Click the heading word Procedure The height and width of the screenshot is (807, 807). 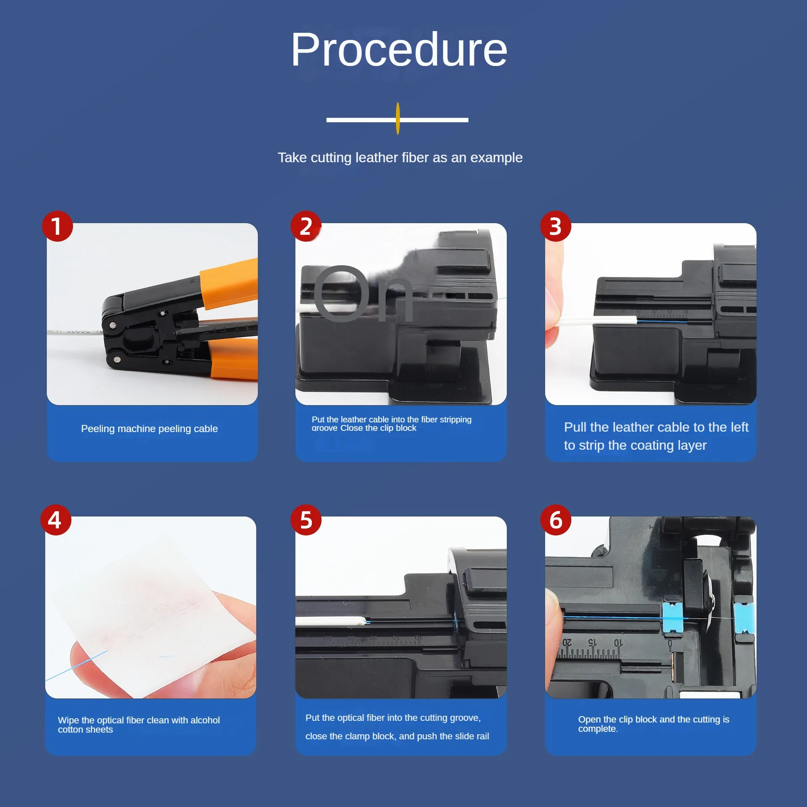[399, 50]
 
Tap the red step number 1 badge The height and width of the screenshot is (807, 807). [58, 226]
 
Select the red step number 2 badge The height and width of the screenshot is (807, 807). [306, 226]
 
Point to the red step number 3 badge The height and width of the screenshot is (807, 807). [556, 226]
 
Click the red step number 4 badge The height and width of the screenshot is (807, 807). [56, 520]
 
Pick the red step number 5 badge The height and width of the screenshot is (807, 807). [306, 520]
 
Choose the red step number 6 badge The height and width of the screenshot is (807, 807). [556, 520]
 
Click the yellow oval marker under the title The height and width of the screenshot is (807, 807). [398, 119]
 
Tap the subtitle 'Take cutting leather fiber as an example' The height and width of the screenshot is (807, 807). [400, 158]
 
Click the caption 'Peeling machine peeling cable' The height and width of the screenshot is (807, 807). [149, 429]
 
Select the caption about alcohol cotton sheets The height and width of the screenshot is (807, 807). [139, 725]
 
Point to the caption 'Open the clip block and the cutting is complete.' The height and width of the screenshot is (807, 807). [654, 724]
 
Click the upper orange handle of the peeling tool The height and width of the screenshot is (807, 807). [229, 284]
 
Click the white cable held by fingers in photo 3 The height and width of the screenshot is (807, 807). [597, 322]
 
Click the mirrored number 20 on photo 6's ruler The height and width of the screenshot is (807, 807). [567, 643]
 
